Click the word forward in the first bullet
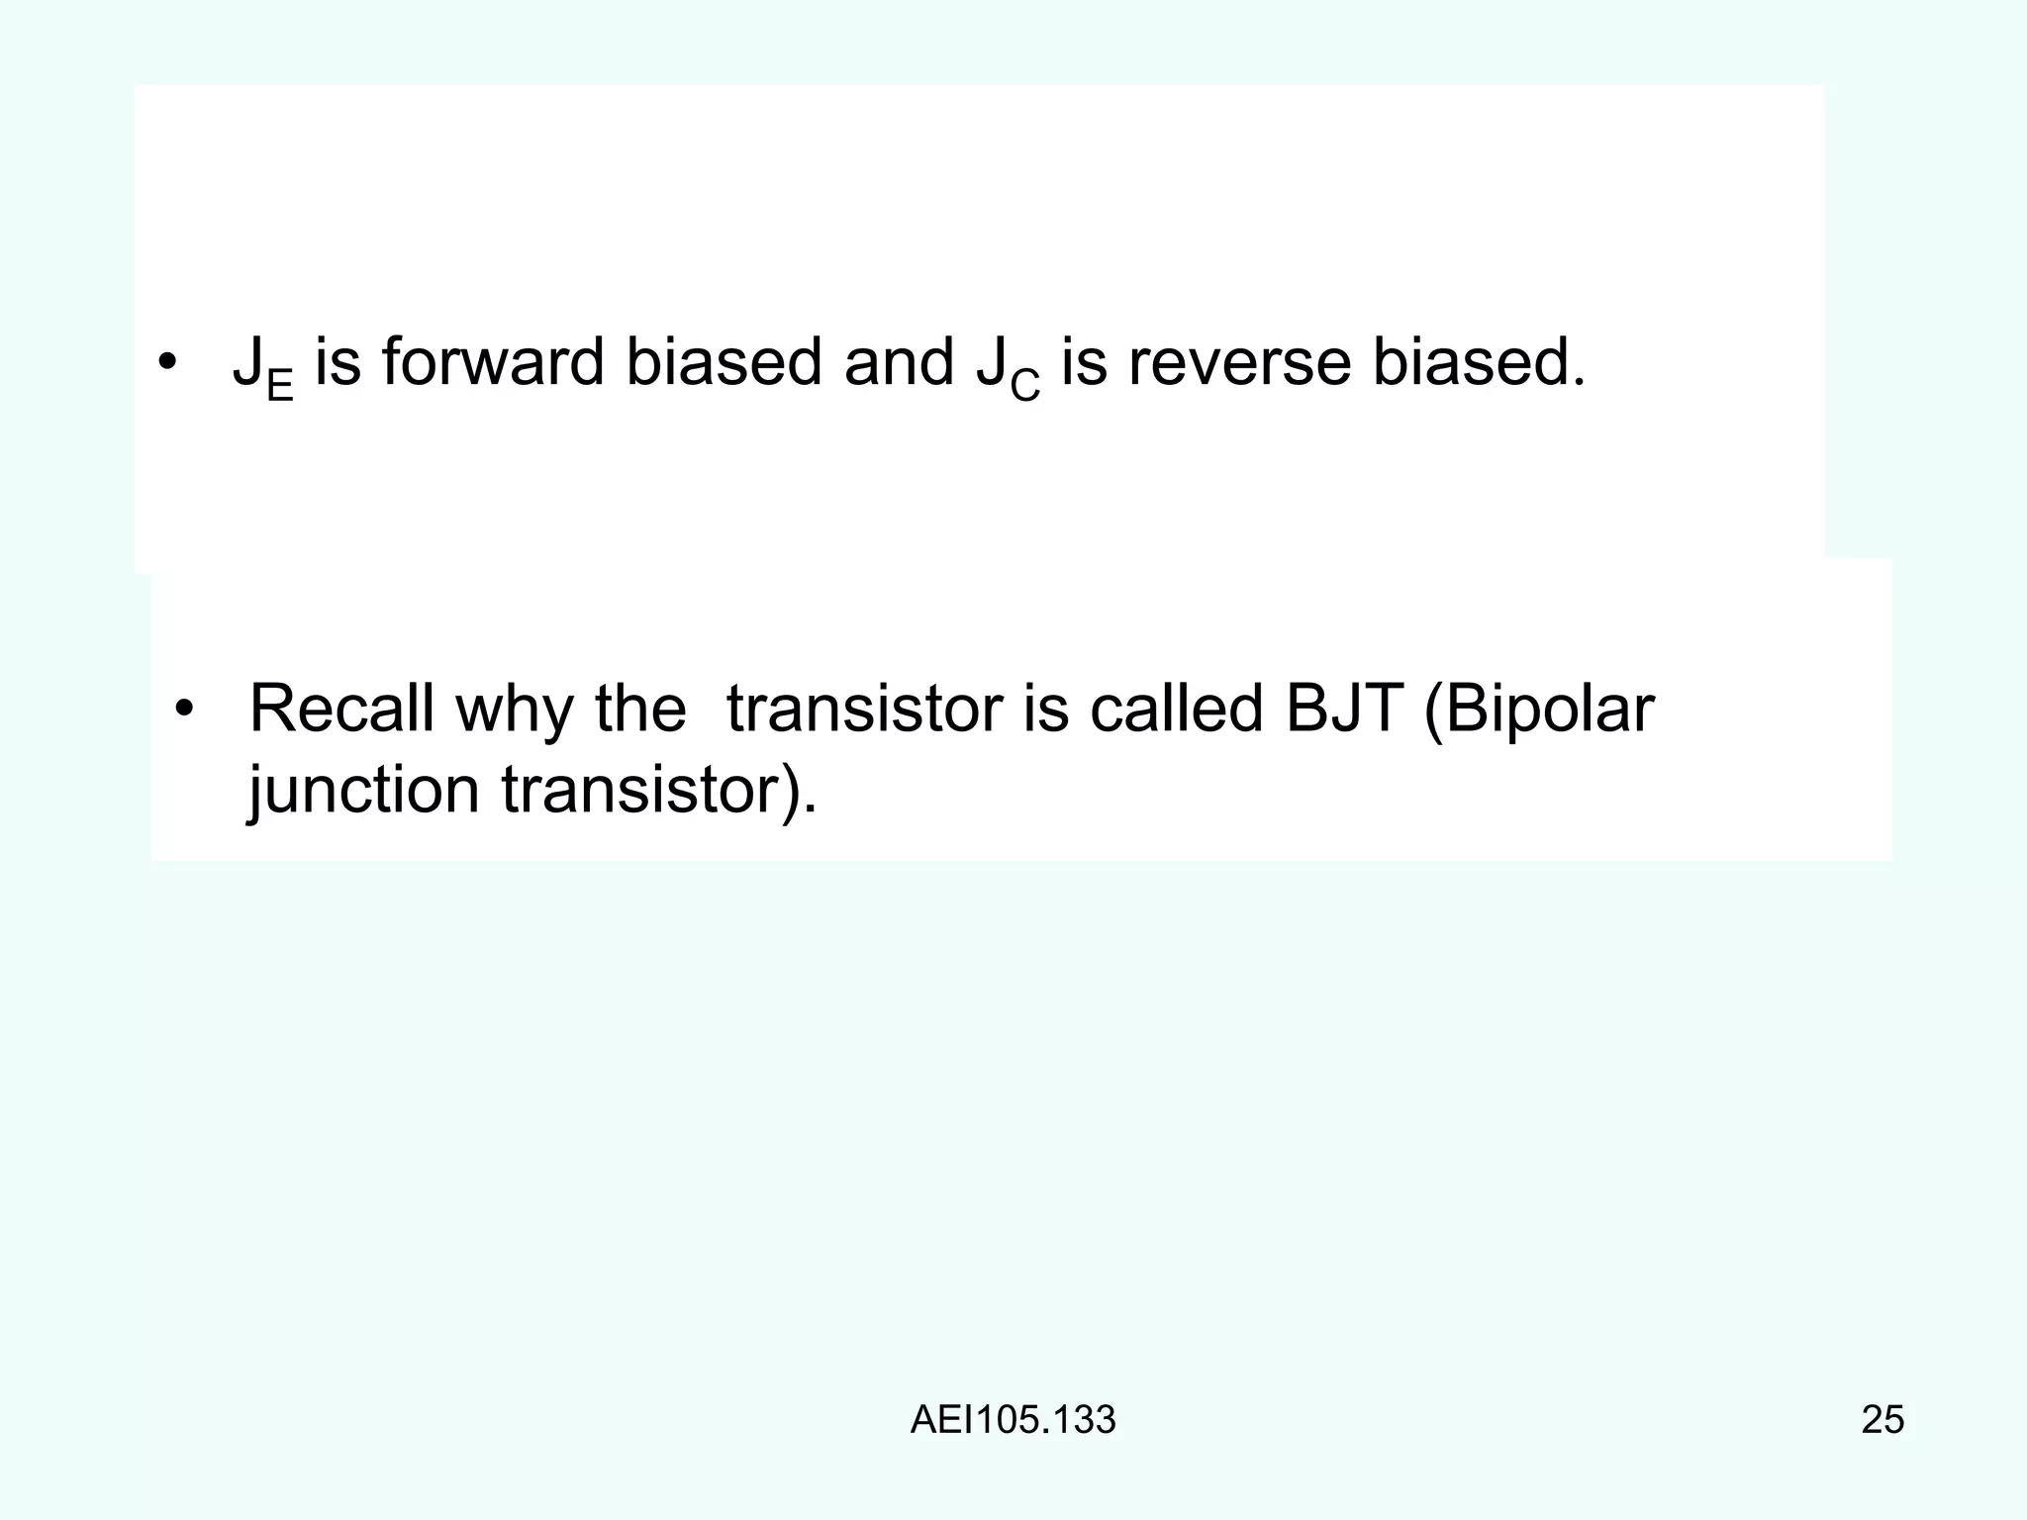492,362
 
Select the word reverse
1239,362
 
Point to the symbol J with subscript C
1008,368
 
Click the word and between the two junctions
899,362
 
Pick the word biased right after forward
724,362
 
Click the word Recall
341,709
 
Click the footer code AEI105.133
1013,1420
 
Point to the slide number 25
1882,1420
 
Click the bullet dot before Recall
183,710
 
